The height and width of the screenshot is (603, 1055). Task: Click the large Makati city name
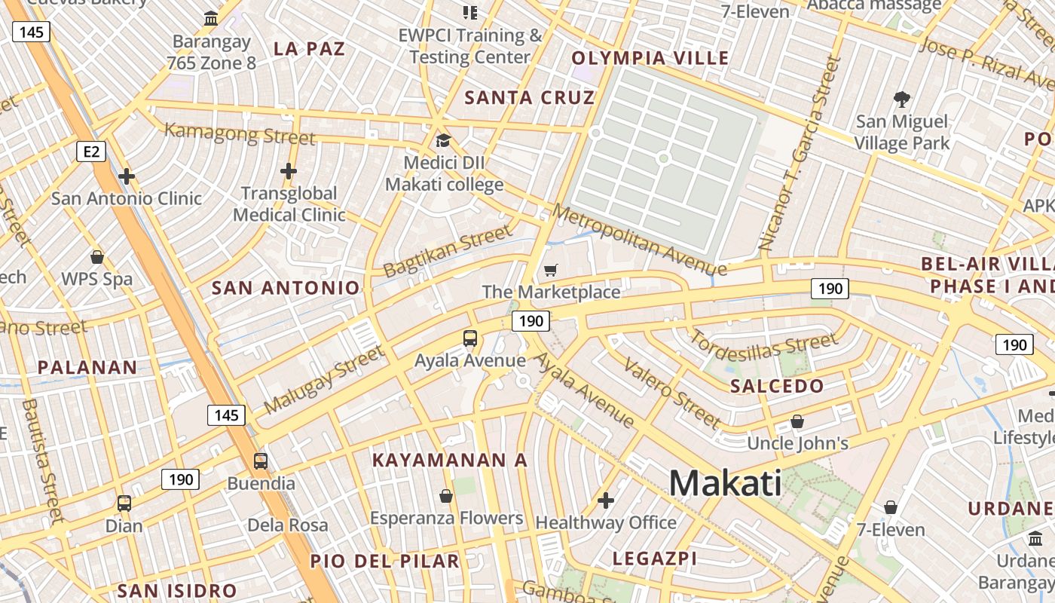coord(725,482)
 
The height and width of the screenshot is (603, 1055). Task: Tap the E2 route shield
coord(91,152)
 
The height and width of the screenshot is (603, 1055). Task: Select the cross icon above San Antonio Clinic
coord(127,177)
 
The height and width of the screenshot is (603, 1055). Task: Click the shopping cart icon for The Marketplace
coord(551,270)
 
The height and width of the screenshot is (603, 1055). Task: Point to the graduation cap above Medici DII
coord(444,141)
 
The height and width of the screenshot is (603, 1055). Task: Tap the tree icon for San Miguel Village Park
coord(901,99)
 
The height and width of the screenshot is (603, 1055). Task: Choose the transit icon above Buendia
coord(261,461)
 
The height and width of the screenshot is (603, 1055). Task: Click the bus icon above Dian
coord(124,503)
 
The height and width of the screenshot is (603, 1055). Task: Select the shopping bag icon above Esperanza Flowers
coord(446,496)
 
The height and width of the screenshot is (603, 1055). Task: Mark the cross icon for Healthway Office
coord(606,500)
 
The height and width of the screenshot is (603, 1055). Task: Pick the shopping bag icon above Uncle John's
coord(797,421)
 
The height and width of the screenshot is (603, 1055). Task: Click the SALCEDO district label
coord(777,387)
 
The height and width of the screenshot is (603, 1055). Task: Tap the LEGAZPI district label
coord(654,559)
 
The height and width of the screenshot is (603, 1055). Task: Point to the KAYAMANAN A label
coord(450,460)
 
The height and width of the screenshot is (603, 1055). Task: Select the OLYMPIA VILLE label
coord(650,58)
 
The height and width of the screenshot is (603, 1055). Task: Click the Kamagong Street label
coord(240,134)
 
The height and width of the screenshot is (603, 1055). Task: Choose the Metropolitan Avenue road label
coord(639,239)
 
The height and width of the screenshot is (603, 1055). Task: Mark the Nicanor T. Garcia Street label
coord(800,154)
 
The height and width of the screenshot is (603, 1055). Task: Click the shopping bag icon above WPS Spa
coord(96,257)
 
